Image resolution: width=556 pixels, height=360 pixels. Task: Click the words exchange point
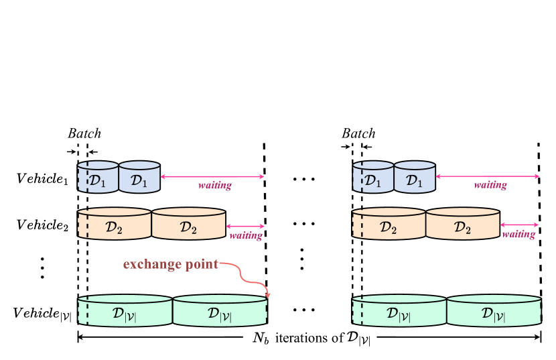point(170,264)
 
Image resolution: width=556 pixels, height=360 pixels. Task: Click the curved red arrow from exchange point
point(249,276)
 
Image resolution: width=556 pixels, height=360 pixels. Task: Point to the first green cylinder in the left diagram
point(125,311)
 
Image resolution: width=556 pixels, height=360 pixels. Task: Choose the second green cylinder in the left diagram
point(220,311)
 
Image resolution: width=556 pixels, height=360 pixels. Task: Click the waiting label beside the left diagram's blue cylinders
point(215,185)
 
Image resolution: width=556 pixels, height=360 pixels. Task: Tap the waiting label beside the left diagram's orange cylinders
point(246,235)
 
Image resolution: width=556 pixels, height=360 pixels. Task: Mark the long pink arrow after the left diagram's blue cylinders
point(212,176)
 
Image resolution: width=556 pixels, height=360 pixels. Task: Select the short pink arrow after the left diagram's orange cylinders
point(245,227)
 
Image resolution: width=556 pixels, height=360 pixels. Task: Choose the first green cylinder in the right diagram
point(400,311)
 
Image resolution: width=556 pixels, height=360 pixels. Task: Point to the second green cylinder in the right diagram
point(494,311)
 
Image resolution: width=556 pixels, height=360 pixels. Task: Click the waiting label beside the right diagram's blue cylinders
point(490,185)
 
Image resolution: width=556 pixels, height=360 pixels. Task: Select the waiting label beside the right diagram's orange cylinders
point(518,234)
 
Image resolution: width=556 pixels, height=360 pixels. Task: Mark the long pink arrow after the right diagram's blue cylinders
point(488,176)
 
